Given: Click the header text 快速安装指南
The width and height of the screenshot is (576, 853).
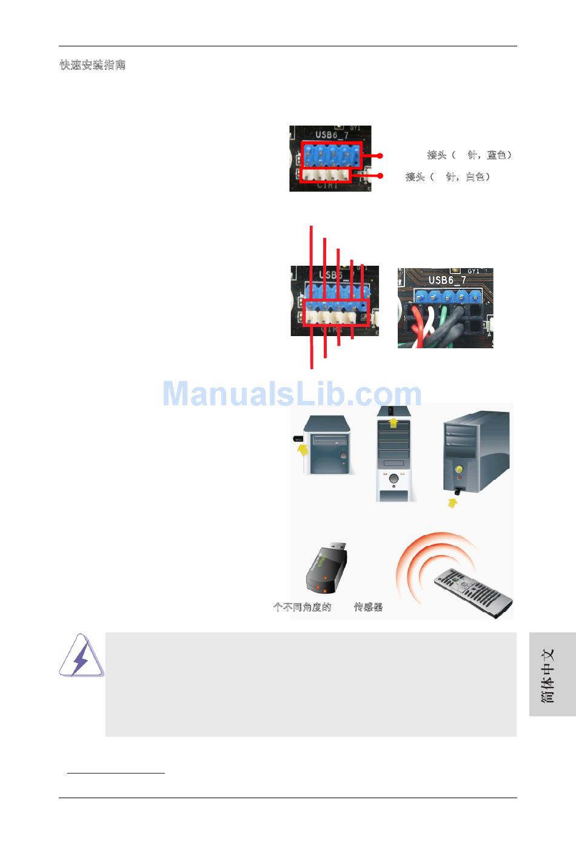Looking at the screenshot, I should coord(92,65).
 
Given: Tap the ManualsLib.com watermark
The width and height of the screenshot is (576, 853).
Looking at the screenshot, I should coord(292,394).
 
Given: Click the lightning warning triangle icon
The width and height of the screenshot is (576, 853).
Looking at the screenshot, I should coord(81,656).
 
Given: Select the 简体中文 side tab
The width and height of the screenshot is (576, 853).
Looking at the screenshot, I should coord(548,675).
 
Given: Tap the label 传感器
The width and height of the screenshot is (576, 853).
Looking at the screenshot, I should coord(368,607).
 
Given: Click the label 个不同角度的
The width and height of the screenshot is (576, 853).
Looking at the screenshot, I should coord(303,607).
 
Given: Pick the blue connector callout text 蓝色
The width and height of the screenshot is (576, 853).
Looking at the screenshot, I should coord(497,155).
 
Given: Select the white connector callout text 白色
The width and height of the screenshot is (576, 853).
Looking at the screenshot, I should coord(475,177).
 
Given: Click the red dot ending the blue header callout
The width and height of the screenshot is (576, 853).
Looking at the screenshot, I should coord(380,156).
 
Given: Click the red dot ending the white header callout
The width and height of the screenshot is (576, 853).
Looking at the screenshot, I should coord(380,176).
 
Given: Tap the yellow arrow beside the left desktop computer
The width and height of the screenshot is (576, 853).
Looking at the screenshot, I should coord(302,449).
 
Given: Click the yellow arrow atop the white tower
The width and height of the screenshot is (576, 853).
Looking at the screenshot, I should coord(393,421).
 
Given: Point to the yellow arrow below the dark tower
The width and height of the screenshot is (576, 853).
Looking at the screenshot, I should coord(452,502).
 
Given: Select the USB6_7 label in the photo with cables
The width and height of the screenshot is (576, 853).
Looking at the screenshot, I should coord(447,280).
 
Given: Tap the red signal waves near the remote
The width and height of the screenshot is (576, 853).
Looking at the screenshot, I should coord(418,564).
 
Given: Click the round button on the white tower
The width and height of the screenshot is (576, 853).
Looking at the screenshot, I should coord(394,479).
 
